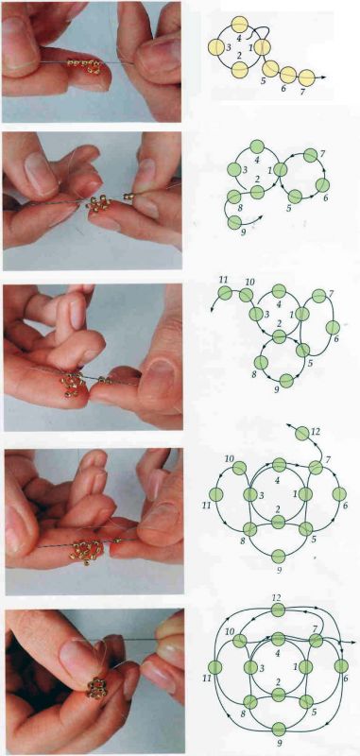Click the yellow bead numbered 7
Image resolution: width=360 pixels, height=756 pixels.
point(306,77)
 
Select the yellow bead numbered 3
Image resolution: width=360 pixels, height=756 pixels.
point(215,47)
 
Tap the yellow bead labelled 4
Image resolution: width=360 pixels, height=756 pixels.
point(239,24)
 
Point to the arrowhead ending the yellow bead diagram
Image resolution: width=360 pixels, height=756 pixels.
point(324,77)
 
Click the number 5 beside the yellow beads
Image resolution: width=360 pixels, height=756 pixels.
point(264,80)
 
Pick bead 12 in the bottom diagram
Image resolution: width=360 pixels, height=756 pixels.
point(278,610)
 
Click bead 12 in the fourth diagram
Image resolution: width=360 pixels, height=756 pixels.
point(301,434)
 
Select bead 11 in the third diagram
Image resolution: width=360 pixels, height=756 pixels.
point(225,292)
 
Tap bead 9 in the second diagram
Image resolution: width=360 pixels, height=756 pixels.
point(234,222)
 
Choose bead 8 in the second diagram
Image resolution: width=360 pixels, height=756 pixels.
point(233,197)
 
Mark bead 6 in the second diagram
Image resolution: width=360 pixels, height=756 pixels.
point(322,185)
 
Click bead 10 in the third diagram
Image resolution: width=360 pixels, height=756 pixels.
point(247,295)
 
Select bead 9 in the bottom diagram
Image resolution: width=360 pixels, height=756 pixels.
point(279,729)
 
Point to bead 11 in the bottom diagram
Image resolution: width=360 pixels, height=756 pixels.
point(214,667)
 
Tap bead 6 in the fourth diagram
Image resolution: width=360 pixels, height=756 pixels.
point(339,493)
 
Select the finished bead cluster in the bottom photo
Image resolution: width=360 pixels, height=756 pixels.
point(97,688)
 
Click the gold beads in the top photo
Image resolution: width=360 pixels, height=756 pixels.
point(85,64)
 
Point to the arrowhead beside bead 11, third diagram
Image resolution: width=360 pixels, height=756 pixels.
point(212,309)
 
